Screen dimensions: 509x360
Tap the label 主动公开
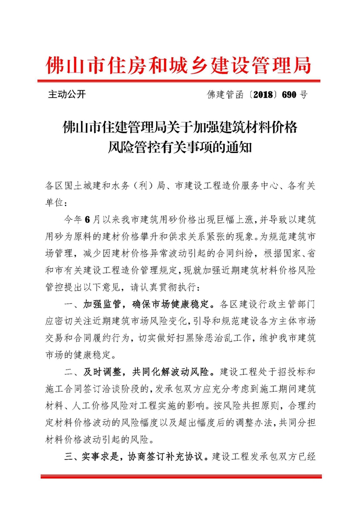click(67, 95)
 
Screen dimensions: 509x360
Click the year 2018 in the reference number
click(259, 95)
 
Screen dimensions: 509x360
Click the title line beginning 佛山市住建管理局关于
click(179, 128)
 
